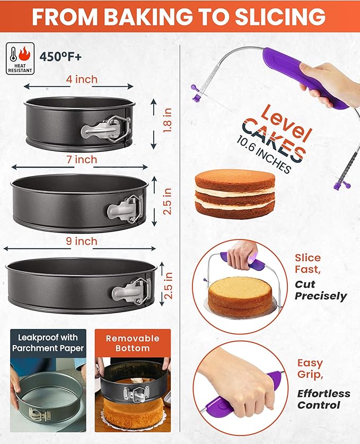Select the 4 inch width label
tap(82, 79)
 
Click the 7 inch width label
tap(82, 159)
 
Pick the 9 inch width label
tap(82, 241)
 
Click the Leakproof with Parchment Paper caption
tap(48, 342)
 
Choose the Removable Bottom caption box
tap(133, 343)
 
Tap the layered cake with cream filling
tap(235, 194)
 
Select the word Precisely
tap(321, 296)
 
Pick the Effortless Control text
tap(323, 399)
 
